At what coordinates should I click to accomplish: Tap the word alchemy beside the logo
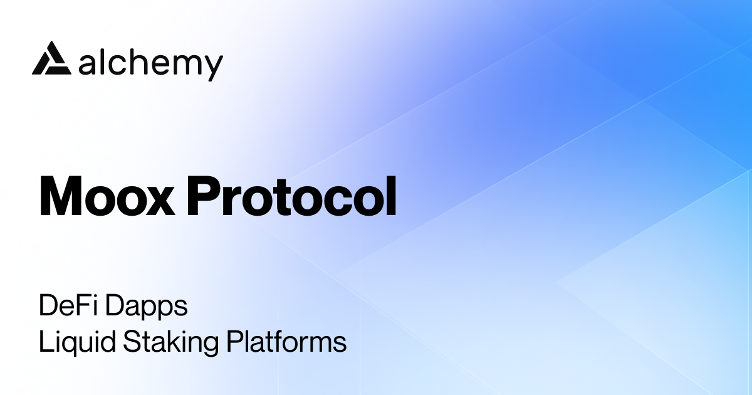coord(151,63)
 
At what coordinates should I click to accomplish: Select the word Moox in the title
coord(107,197)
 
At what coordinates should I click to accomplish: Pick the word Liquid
coord(68,343)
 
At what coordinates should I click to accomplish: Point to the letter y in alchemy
coord(213,66)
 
